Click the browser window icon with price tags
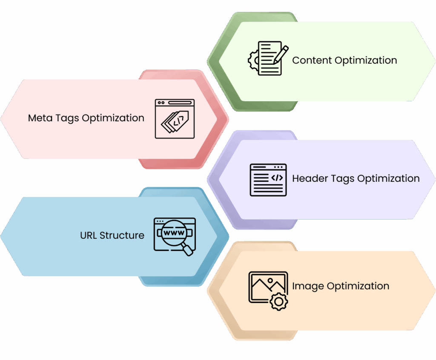click(175, 119)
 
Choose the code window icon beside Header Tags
click(268, 180)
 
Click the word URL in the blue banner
click(89, 235)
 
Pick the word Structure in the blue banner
click(122, 235)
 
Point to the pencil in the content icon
click(281, 54)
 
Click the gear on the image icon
click(279, 302)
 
